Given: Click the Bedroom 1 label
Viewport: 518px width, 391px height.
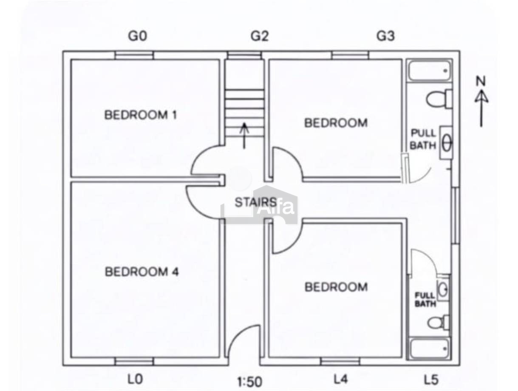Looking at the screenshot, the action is tap(140, 115).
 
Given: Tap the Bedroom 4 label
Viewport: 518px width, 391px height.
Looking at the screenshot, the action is tap(142, 272).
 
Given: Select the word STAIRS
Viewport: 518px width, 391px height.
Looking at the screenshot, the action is tap(255, 202).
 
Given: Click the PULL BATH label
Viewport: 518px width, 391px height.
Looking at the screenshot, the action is tap(423, 139).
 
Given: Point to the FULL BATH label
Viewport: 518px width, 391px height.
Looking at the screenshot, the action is tap(425, 300).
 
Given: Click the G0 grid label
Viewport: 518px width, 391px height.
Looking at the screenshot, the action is tap(137, 36).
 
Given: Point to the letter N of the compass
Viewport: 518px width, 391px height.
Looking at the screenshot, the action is tap(481, 81).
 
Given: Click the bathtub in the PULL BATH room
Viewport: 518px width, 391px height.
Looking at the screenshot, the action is tap(430, 71).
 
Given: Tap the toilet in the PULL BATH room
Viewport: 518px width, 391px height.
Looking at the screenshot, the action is tap(439, 99).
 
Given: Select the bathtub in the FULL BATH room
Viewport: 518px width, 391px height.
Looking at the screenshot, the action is tap(429, 349).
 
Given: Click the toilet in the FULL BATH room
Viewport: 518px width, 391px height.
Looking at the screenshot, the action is tap(438, 323).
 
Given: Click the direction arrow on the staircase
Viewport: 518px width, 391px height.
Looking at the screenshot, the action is tap(244, 136).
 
